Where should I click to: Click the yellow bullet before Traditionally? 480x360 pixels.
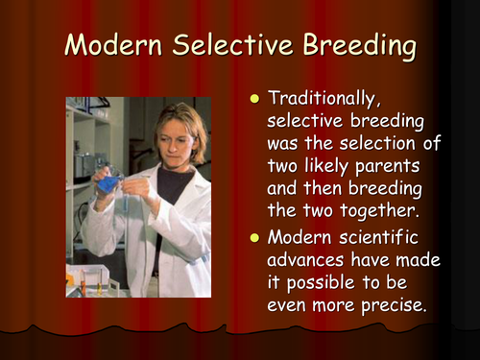click(254, 99)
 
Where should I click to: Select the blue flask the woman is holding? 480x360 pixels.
click(108, 181)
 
